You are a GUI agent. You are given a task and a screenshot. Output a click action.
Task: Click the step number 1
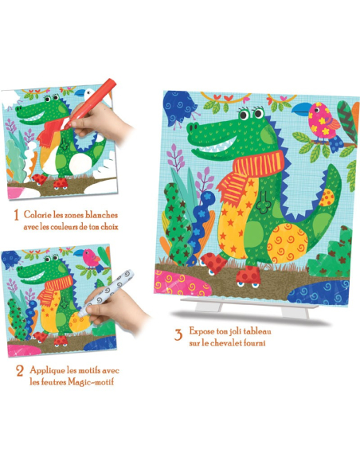17,215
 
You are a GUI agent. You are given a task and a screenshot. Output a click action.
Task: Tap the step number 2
20,371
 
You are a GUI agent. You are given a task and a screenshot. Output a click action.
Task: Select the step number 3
178,334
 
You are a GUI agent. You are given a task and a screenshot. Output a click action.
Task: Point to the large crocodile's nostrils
192,128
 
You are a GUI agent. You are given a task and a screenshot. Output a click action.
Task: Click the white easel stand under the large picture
250,308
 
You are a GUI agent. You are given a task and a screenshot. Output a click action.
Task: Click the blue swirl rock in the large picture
319,293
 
